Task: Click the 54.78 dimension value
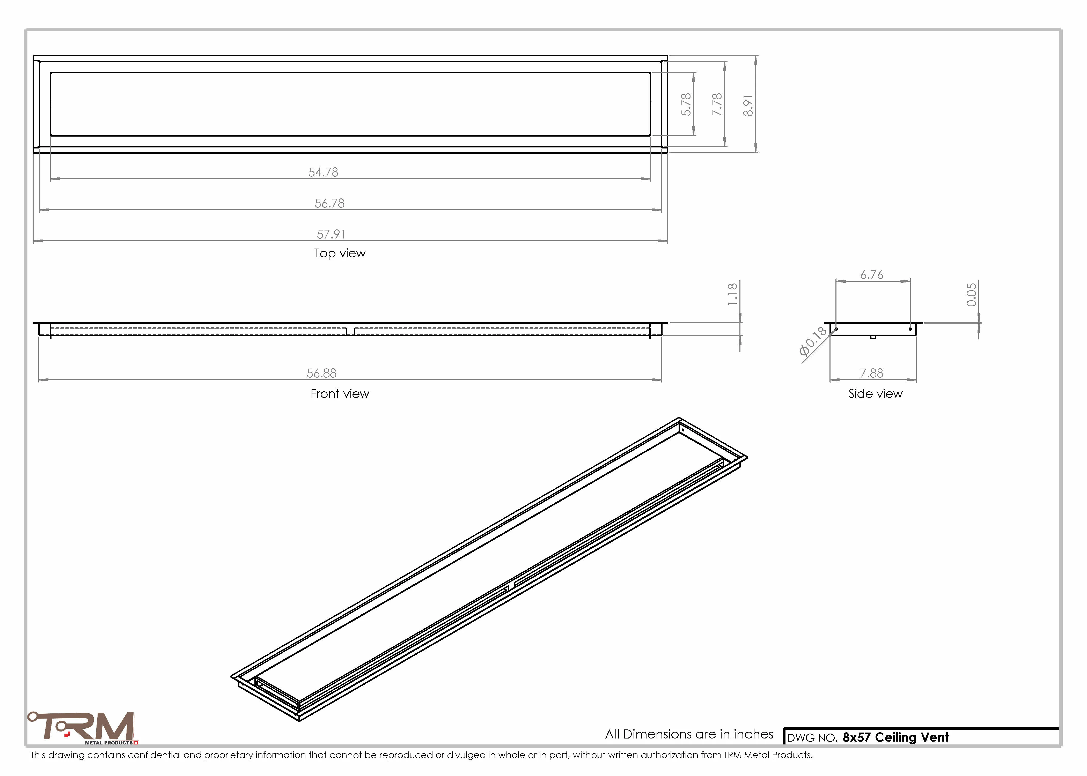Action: [x=323, y=172]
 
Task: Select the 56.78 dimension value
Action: [x=329, y=203]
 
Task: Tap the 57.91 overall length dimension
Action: [x=331, y=234]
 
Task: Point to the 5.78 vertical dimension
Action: [x=686, y=104]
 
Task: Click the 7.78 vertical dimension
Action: [x=717, y=104]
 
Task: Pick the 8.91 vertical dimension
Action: [x=748, y=105]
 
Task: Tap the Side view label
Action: [x=875, y=394]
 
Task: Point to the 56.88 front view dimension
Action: [x=321, y=373]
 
